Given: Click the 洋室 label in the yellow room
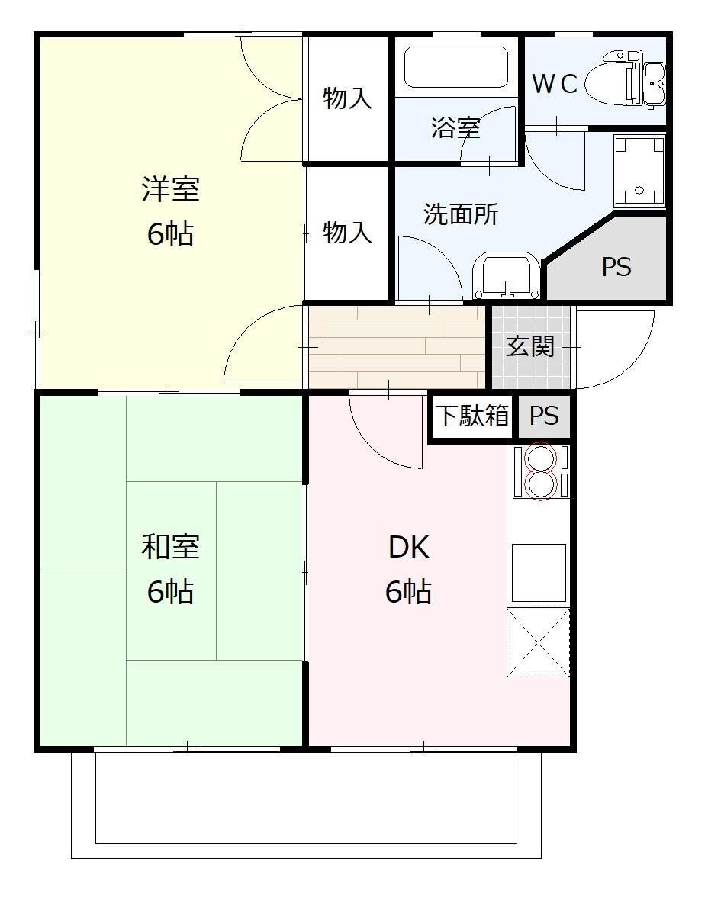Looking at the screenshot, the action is tap(171, 189).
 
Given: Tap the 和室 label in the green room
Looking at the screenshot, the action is tap(171, 546).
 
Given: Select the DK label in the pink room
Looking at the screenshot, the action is tap(409, 547).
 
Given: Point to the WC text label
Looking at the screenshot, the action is tap(555, 84).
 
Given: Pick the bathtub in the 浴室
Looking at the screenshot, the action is tap(456, 67).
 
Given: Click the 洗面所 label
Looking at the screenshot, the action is tap(461, 214).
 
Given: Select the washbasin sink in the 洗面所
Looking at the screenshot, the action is tap(507, 276).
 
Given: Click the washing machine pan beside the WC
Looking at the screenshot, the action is tap(639, 172).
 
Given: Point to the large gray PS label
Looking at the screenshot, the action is tap(616, 267).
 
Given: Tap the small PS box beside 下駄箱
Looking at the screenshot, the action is tap(544, 416).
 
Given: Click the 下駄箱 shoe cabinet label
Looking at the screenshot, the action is tap(473, 416).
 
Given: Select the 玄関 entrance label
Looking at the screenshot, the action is tap(530, 346).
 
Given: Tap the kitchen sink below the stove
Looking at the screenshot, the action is tap(539, 572).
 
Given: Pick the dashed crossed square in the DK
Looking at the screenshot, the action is tap(538, 643).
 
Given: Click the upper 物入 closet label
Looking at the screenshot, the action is tap(347, 98).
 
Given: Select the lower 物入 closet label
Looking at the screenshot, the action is tap(347, 233).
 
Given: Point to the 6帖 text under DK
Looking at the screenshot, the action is tap(408, 592).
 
